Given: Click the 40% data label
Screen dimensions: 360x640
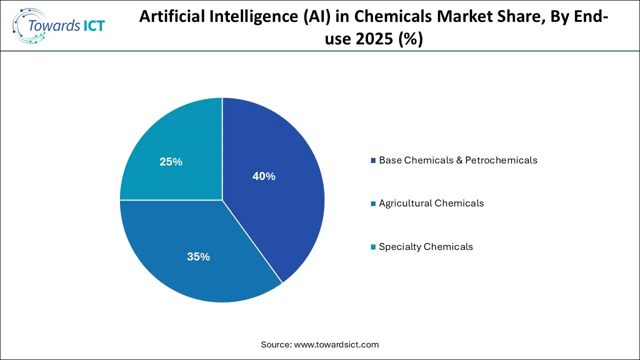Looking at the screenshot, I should pos(263,176).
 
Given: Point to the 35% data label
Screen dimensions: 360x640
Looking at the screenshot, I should pos(198,257).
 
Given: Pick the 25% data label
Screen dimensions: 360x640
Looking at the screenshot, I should pos(171,162).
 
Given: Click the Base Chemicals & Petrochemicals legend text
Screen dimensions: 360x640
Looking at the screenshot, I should pos(458,160).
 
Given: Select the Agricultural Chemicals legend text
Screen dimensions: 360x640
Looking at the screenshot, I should pos(431,203).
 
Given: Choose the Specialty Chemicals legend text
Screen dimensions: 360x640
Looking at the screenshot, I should pos(426,246).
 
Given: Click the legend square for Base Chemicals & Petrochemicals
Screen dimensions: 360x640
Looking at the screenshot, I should pos(373,161).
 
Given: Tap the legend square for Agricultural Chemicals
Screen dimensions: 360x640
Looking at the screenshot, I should pos(373,204).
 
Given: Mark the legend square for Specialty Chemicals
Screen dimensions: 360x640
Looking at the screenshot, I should pos(373,247).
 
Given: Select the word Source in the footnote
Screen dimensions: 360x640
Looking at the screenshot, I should pos(276,344).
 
